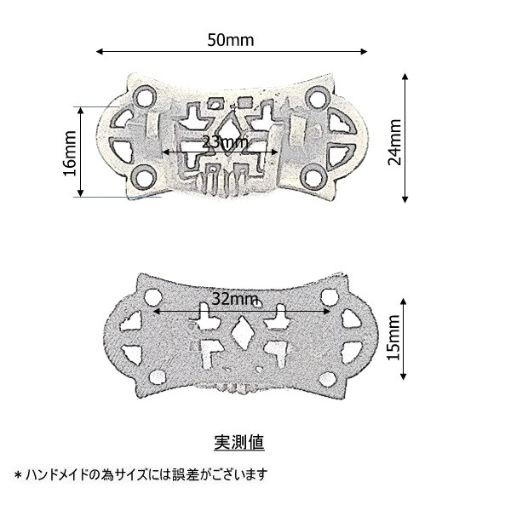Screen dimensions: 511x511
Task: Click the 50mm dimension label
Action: click(x=231, y=40)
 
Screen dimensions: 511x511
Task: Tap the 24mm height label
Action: click(x=394, y=142)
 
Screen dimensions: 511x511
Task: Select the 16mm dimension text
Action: click(x=70, y=153)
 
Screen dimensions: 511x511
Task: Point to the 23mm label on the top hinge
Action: click(x=225, y=142)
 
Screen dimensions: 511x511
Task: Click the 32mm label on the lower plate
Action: click(x=235, y=299)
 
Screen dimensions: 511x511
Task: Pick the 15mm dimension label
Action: click(x=393, y=337)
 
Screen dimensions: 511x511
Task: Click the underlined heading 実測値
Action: click(x=239, y=442)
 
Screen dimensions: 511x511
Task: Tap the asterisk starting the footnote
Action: click(x=18, y=475)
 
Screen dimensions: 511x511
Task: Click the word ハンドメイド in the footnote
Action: click(x=58, y=474)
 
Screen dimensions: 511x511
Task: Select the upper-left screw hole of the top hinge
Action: click(x=145, y=97)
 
